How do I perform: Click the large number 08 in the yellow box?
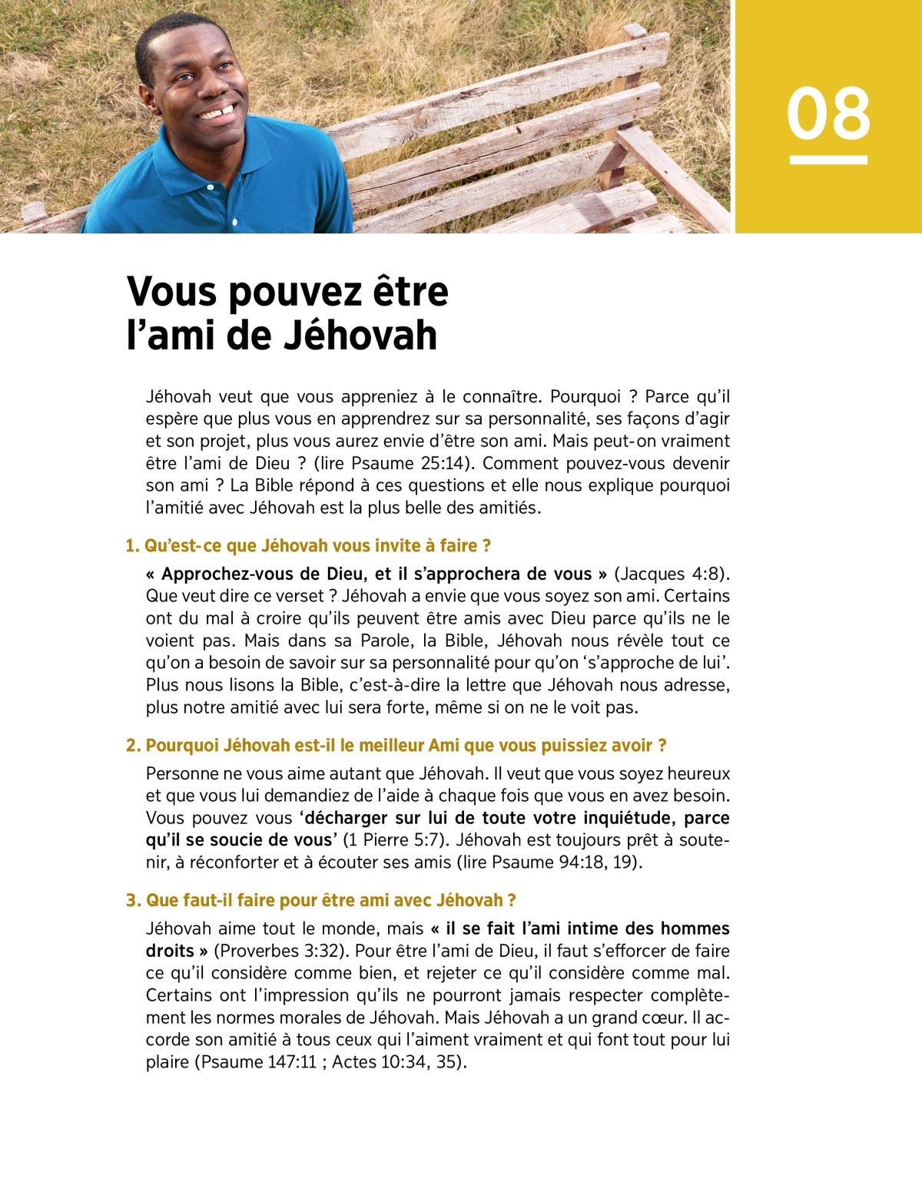pyautogui.click(x=828, y=114)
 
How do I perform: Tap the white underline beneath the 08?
pyautogui.click(x=828, y=160)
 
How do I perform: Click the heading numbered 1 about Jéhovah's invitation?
pyautogui.click(x=308, y=545)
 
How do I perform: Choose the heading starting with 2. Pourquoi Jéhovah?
pyautogui.click(x=396, y=745)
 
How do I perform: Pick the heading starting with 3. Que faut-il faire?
pyautogui.click(x=320, y=900)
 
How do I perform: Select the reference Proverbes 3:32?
pyautogui.click(x=280, y=950)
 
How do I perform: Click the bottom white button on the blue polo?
pyautogui.click(x=235, y=223)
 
